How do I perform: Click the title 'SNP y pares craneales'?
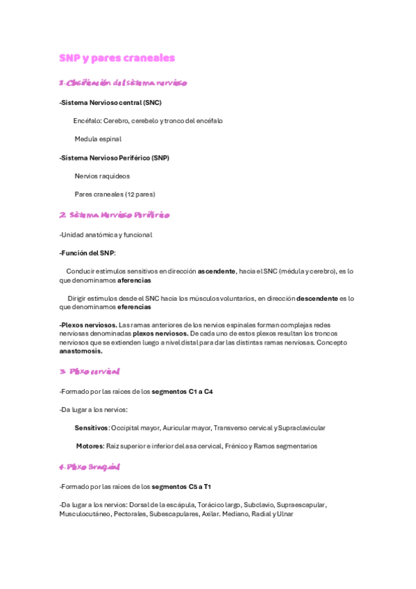point(117,58)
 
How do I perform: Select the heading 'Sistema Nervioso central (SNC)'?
point(111,103)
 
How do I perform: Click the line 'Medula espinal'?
point(98,139)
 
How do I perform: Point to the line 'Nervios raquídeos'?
point(102,176)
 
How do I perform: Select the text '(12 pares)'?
point(140,194)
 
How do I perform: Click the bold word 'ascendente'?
point(217,271)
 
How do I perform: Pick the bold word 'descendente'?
point(317,298)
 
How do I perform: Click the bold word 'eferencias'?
point(134,307)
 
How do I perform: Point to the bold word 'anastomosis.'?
point(81,351)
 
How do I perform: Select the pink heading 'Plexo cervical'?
point(94,372)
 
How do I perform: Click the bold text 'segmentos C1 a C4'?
point(182,392)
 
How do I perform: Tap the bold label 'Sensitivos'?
point(92,428)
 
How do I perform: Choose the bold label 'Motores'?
point(90,446)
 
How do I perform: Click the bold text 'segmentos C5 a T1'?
point(182,487)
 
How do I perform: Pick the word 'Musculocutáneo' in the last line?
point(85,514)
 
